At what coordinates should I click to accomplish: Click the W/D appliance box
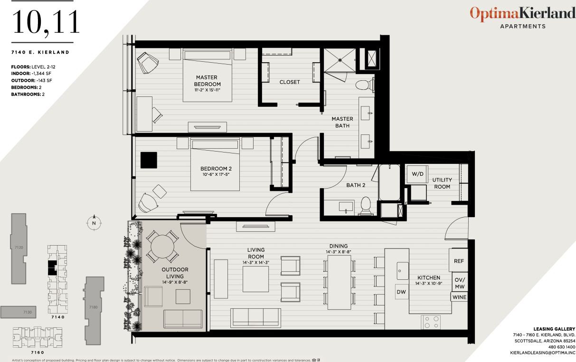(x=417, y=174)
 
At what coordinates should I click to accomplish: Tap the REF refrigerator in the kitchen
(x=459, y=261)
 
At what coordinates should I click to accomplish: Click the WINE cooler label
(x=459, y=297)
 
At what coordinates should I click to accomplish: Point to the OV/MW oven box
(x=459, y=283)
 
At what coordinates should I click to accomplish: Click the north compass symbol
(x=94, y=222)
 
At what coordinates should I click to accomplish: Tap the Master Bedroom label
(x=208, y=81)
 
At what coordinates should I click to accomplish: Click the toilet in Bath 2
(x=365, y=205)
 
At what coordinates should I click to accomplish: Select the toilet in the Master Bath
(x=364, y=86)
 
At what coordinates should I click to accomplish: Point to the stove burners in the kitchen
(x=431, y=322)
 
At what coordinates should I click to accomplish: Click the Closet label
(x=290, y=82)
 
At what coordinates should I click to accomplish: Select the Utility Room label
(x=442, y=183)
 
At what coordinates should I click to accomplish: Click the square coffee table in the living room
(x=255, y=279)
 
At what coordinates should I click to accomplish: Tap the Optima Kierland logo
(x=522, y=14)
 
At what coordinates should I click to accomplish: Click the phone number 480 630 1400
(x=560, y=347)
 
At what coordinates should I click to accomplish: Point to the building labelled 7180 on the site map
(x=94, y=307)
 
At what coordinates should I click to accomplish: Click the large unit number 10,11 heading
(x=46, y=22)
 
